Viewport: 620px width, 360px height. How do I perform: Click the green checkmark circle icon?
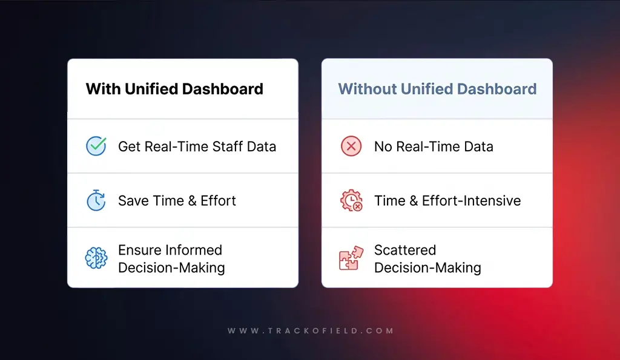[x=96, y=146]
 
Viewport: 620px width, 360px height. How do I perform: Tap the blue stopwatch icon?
[x=96, y=200]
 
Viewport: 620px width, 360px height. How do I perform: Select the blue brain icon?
[x=96, y=258]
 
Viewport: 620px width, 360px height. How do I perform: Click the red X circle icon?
[x=351, y=146]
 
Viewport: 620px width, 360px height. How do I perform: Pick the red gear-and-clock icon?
[x=351, y=200]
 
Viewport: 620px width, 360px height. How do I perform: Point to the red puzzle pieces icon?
[x=351, y=258]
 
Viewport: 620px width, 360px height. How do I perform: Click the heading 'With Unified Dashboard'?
[x=174, y=89]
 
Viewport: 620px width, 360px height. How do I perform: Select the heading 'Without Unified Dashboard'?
[x=437, y=89]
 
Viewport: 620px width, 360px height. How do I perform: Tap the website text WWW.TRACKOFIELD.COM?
[x=310, y=331]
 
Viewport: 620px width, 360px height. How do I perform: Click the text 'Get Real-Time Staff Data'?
[x=197, y=146]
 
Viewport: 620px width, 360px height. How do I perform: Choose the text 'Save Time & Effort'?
[x=177, y=201]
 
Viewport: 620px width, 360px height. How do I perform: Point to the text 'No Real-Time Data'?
[x=434, y=146]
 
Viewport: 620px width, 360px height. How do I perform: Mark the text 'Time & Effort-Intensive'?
[x=447, y=201]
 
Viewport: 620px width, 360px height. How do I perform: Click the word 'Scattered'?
[x=404, y=250]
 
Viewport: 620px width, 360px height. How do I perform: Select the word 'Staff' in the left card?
[x=227, y=146]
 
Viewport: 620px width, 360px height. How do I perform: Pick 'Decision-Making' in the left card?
[x=171, y=267]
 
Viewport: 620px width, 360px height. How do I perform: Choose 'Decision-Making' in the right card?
[x=427, y=267]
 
